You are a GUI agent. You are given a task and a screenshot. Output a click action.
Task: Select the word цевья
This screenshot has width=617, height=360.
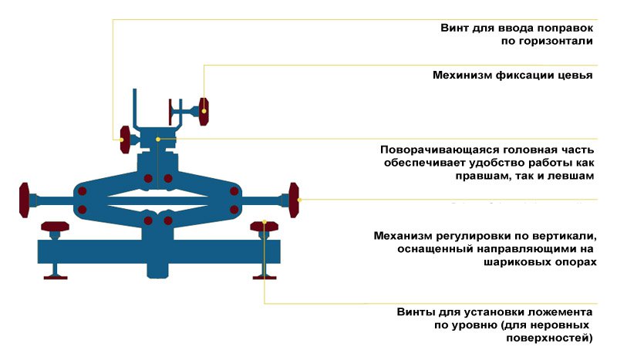click(576, 76)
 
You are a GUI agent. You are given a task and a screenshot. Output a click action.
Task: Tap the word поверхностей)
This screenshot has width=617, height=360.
click(553, 339)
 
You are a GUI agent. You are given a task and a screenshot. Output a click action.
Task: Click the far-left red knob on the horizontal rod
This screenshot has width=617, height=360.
click(25, 200)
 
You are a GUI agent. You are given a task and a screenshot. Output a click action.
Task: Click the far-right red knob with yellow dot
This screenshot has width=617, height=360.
click(295, 200)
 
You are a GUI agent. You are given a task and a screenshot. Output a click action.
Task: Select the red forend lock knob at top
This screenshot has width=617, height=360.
click(204, 111)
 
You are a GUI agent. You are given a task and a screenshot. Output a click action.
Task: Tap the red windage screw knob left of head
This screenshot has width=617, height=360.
click(123, 139)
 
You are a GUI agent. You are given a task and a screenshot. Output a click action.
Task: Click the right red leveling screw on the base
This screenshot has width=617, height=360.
click(264, 226)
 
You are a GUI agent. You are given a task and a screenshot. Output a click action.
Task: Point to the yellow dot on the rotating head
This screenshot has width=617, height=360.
click(158, 139)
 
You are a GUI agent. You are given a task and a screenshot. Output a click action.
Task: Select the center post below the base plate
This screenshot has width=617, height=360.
click(159, 270)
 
